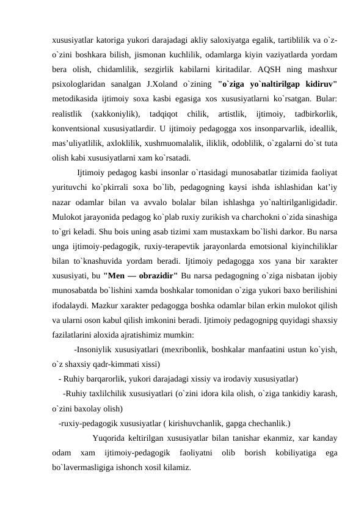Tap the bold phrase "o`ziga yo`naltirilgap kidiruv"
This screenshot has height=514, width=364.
click(x=277, y=83)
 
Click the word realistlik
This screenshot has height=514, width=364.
click(x=68, y=114)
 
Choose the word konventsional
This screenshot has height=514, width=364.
click(x=76, y=129)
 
